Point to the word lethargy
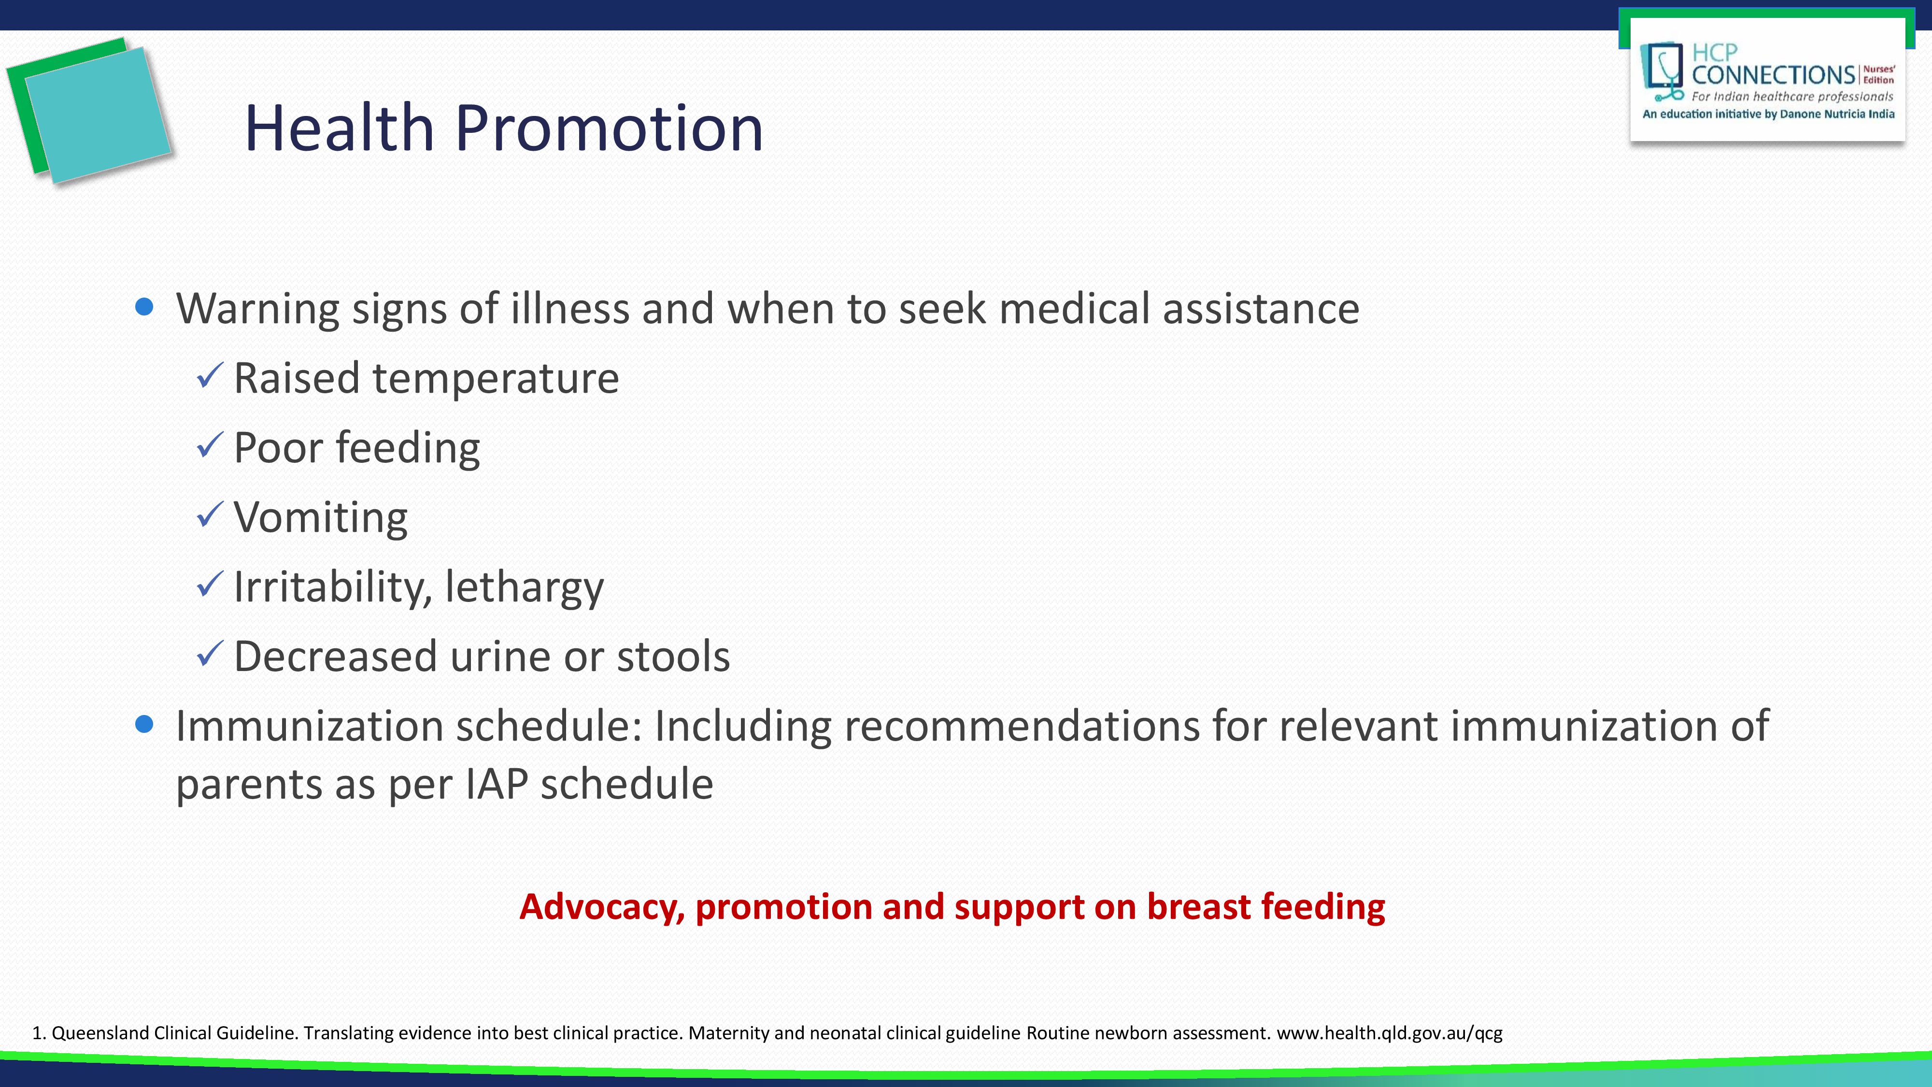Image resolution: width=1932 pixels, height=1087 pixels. (524, 587)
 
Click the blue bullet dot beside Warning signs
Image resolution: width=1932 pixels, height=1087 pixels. (145, 307)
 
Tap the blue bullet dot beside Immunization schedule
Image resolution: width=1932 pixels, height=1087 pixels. (145, 724)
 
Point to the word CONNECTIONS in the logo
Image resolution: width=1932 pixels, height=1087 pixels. (1773, 75)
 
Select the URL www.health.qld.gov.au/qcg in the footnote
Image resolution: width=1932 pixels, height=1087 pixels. (1390, 1033)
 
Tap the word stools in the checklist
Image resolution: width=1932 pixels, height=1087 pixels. (673, 657)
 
